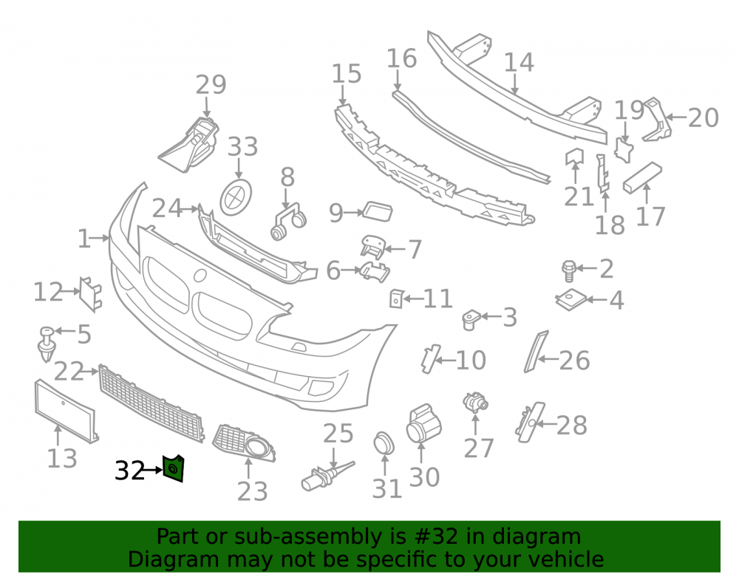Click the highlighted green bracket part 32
tap(173, 468)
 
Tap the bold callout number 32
tap(129, 470)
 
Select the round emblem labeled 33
tap(236, 197)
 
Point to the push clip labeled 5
tap(47, 344)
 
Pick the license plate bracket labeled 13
tap(67, 412)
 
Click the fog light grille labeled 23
tap(244, 443)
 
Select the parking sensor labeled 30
tap(423, 423)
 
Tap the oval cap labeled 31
tap(384, 443)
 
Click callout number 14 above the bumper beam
tap(519, 63)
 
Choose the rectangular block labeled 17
tap(642, 177)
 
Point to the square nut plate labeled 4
tap(571, 299)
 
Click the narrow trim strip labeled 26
tap(537, 352)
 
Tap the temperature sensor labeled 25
tap(327, 477)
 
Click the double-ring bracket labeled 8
tap(288, 220)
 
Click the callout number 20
tap(704, 117)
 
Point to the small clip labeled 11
tap(396, 298)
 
